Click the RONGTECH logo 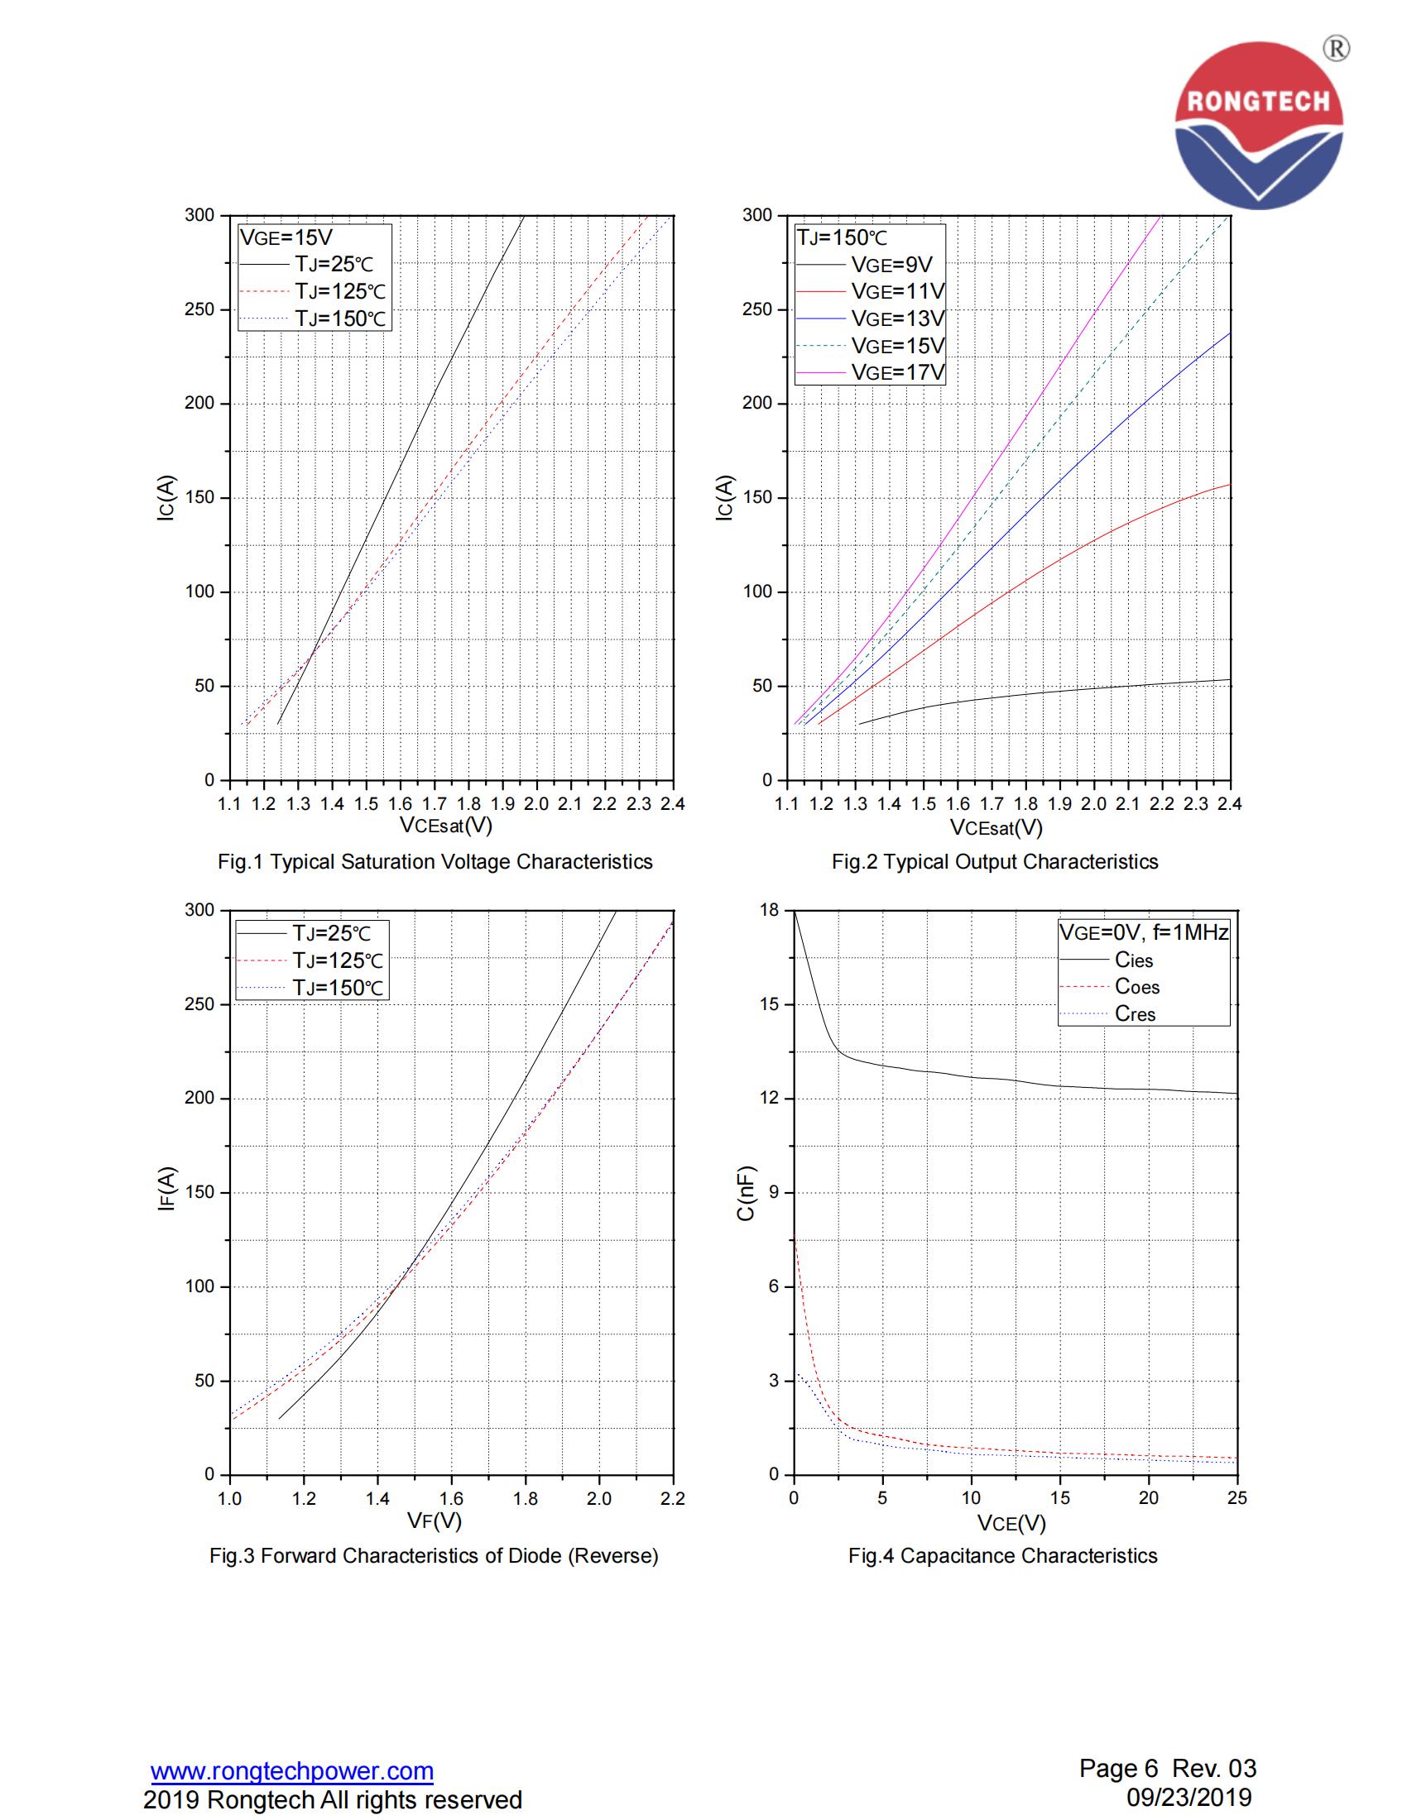(1258, 125)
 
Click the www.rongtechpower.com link (291, 1771)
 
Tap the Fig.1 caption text (435, 862)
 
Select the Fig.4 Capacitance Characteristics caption (1002, 1556)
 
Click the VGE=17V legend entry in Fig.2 (897, 372)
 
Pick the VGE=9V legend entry (891, 265)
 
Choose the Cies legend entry (1133, 960)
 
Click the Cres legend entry (1135, 1014)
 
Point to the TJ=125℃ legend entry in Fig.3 (337, 960)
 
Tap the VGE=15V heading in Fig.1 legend (286, 237)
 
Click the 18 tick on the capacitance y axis (769, 910)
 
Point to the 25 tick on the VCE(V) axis (1237, 1498)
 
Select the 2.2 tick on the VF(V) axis (672, 1498)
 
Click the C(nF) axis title (745, 1193)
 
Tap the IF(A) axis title (166, 1188)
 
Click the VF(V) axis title (435, 1521)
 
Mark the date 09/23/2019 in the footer (1189, 1798)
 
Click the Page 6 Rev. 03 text (1167, 1769)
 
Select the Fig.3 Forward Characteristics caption (434, 1556)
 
